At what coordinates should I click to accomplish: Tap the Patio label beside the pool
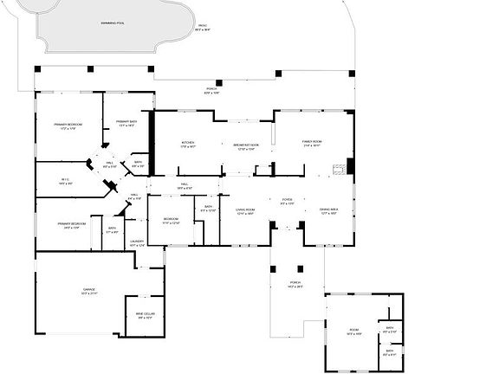coord(203,28)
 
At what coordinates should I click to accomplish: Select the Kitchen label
coord(188,145)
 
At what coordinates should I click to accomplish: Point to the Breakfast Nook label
coord(246,146)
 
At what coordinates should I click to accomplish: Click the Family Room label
coord(313,145)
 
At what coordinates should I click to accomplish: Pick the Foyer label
coord(287,201)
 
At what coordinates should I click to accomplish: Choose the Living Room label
coord(245,211)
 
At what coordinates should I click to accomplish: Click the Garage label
coord(89,291)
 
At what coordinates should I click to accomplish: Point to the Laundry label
coord(136,243)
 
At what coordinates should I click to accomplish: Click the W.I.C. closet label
coord(65,182)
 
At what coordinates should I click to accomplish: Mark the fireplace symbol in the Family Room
coord(350,165)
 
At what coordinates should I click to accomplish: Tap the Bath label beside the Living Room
coord(208,209)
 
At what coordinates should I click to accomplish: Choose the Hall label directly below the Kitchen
coord(185,186)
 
